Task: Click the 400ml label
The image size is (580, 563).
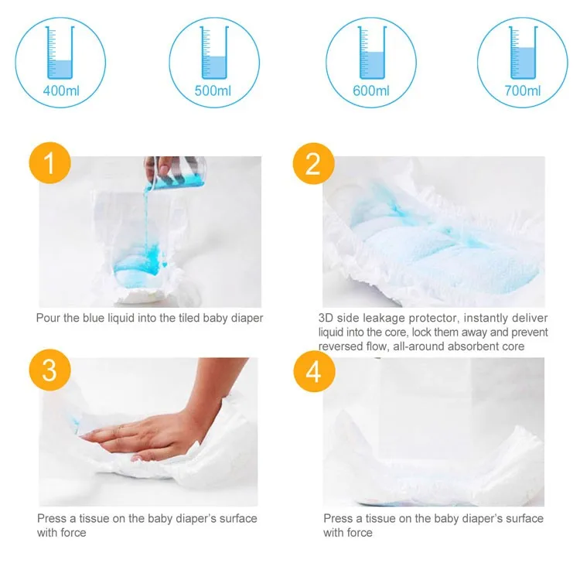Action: point(61,91)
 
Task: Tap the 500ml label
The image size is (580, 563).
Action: point(213,91)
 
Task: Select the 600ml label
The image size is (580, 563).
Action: point(370,91)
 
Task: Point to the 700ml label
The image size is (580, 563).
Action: point(523,91)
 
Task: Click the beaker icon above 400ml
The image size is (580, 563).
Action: point(61,53)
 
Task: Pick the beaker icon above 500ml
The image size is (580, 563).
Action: point(213,53)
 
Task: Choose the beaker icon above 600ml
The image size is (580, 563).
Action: point(370,53)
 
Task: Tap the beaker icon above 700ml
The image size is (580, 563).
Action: point(523,53)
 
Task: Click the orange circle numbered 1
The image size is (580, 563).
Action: point(49,164)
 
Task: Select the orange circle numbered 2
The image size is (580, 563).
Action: point(313,164)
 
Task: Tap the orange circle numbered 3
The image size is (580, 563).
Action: point(49,370)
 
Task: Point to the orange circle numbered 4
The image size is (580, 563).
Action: point(313,370)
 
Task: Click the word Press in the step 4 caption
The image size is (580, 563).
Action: point(339,518)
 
